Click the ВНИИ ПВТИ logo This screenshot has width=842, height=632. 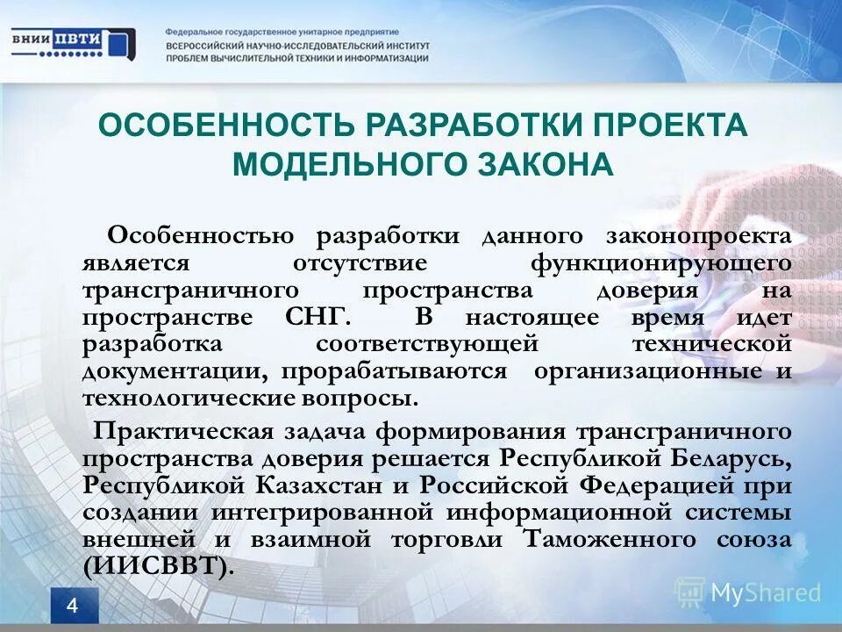(x=74, y=42)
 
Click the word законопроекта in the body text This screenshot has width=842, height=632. (x=698, y=236)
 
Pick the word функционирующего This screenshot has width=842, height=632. (x=661, y=263)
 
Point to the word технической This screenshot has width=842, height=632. (x=711, y=344)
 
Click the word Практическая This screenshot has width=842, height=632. (x=189, y=431)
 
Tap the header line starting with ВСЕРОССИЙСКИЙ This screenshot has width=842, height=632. (x=298, y=46)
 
